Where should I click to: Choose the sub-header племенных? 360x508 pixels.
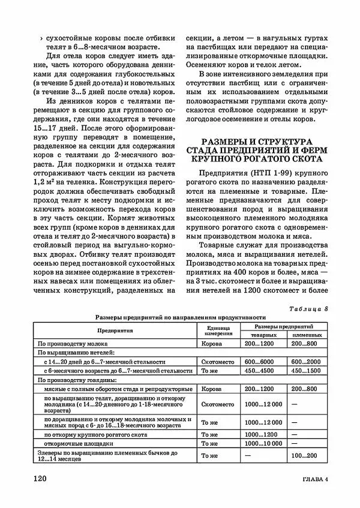click(x=307, y=334)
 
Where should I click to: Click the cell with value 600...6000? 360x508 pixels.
click(x=259, y=362)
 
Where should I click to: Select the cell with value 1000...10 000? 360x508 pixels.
click(x=263, y=443)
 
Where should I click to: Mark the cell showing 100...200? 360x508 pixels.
click(x=304, y=456)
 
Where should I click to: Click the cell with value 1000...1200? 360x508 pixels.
click(x=261, y=434)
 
